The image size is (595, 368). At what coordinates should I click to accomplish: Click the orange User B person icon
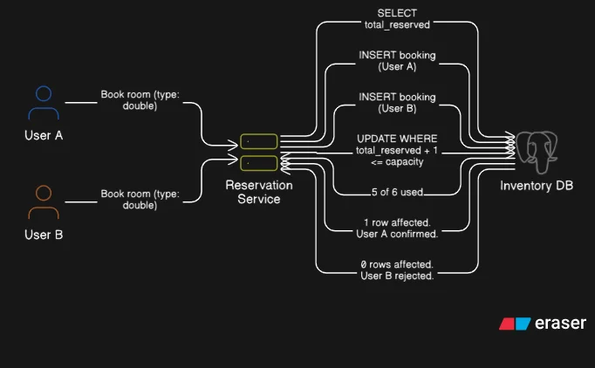(44, 202)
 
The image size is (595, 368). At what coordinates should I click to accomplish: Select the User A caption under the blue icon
(44, 135)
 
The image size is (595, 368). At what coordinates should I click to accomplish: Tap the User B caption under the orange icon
(44, 235)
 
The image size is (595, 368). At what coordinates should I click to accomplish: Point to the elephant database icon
(537, 149)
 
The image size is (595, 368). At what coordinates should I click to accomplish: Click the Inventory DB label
(537, 186)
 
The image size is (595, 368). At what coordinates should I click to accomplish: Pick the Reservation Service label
(259, 192)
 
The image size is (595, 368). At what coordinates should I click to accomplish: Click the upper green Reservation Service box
(259, 141)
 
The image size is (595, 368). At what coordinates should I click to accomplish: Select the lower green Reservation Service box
(259, 162)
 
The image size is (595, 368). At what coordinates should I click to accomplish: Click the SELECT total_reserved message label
(397, 18)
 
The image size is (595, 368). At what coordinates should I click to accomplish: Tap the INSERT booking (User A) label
(397, 61)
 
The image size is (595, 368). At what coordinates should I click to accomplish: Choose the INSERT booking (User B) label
(397, 103)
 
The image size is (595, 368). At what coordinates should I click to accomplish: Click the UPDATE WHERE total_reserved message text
(397, 151)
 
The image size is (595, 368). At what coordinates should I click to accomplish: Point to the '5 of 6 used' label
(397, 192)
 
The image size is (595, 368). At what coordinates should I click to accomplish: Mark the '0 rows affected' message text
(397, 270)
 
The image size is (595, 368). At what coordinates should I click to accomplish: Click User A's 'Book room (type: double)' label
(140, 100)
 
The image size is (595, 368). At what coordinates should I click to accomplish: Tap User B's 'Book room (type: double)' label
(140, 200)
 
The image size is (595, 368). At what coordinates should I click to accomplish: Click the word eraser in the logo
(561, 324)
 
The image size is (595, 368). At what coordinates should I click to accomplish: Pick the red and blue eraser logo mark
(515, 324)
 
